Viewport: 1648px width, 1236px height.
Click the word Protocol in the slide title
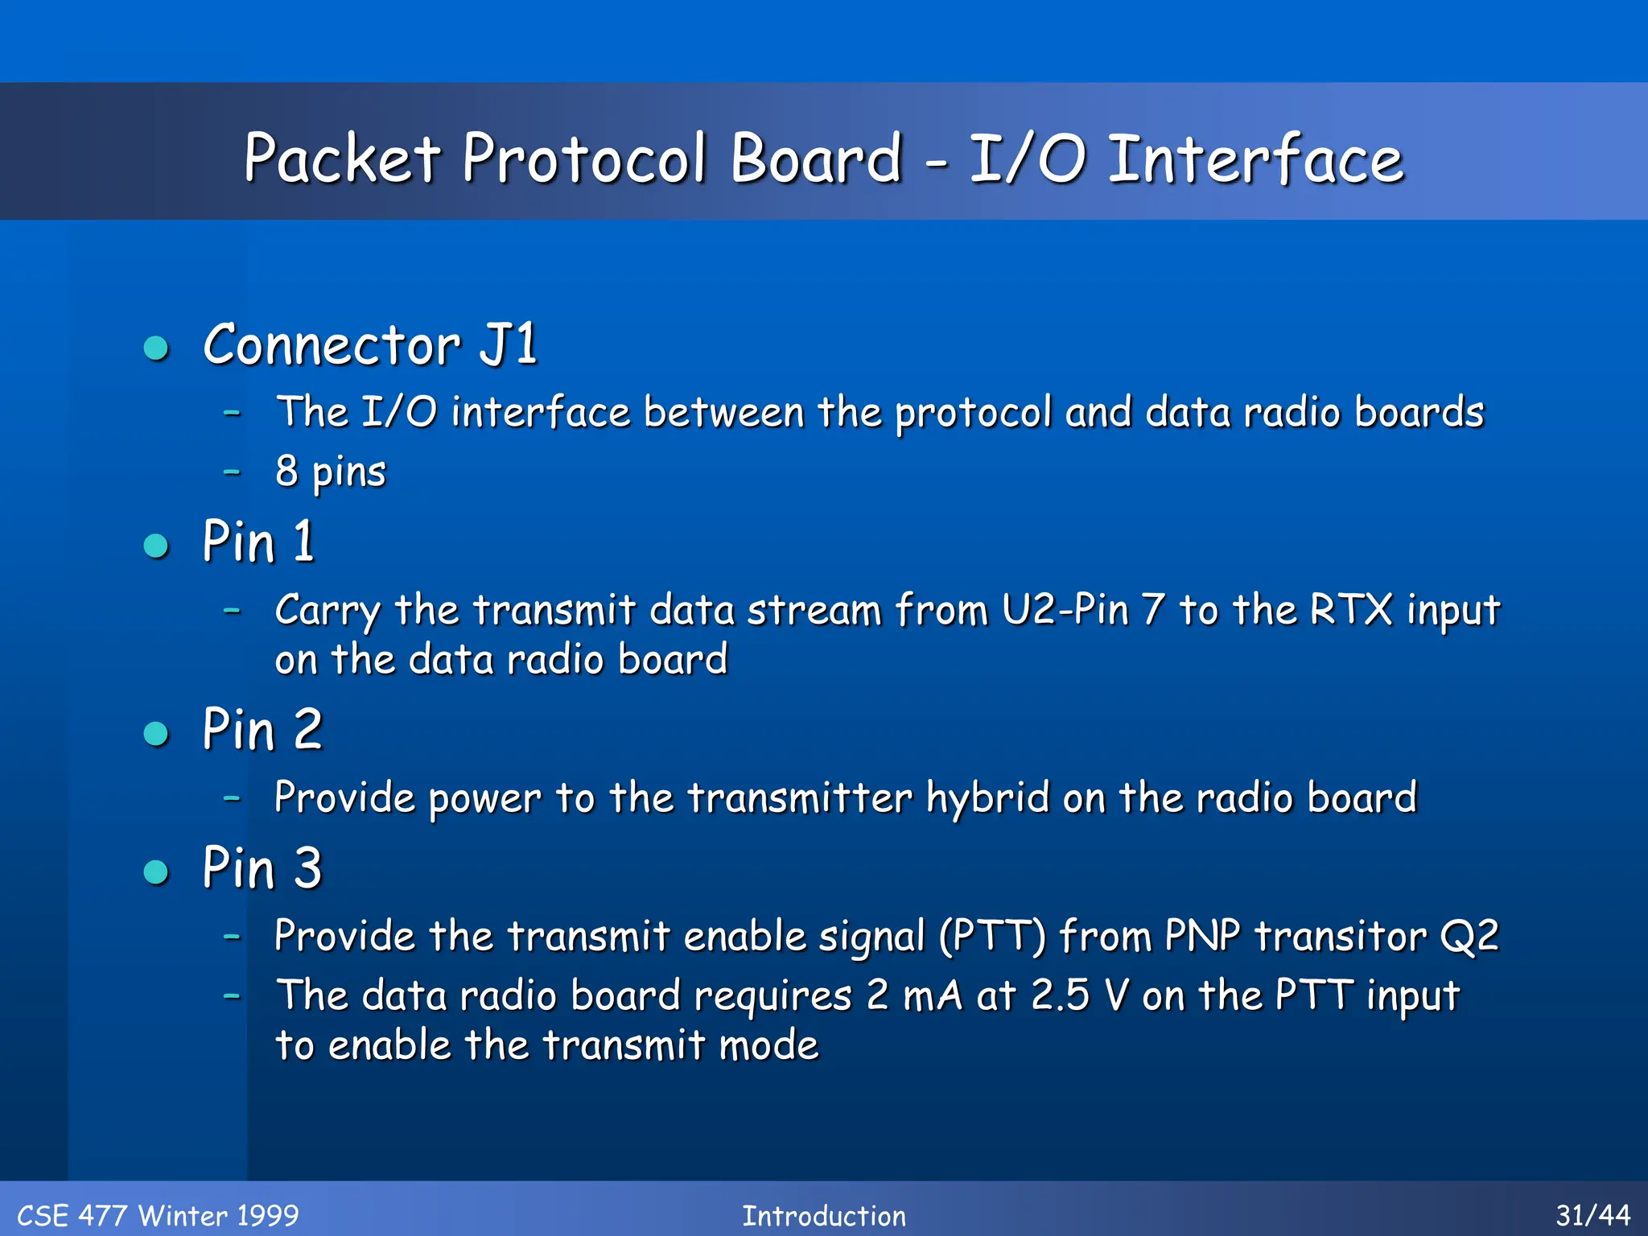585,159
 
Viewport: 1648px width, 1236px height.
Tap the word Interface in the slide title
1255,159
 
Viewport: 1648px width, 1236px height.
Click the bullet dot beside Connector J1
156,348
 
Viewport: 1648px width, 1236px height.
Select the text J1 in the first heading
508,344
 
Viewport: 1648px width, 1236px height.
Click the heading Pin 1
258,542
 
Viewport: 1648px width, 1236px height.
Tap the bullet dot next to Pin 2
156,733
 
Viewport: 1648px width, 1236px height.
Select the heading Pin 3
262,868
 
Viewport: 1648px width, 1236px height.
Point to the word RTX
1351,609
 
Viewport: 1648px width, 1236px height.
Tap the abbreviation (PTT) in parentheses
993,937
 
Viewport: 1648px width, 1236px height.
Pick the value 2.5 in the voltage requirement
1060,995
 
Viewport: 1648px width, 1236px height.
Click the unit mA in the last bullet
933,995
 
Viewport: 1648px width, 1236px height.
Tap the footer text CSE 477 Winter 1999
158,1215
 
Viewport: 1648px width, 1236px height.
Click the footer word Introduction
824,1215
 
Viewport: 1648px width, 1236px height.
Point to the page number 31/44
1592,1215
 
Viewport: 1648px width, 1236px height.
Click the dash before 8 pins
232,472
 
